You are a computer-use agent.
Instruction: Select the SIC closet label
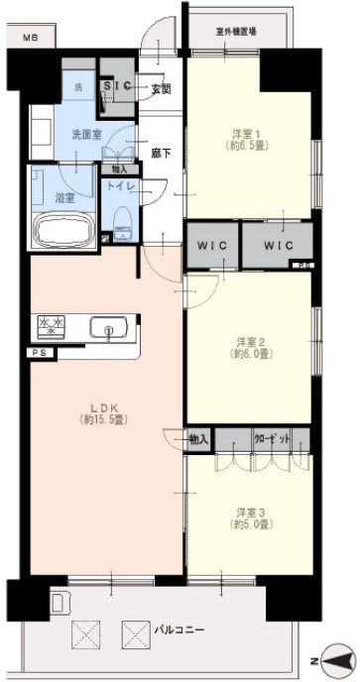click(x=120, y=86)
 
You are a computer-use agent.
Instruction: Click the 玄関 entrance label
click(x=162, y=89)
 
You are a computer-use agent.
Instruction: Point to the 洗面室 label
click(x=83, y=133)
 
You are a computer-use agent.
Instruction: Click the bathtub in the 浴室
click(x=63, y=233)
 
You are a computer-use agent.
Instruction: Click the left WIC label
click(x=212, y=243)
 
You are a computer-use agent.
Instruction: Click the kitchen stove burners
click(x=51, y=324)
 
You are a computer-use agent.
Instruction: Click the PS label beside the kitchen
click(x=40, y=353)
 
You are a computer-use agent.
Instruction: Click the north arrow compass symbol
click(x=334, y=659)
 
